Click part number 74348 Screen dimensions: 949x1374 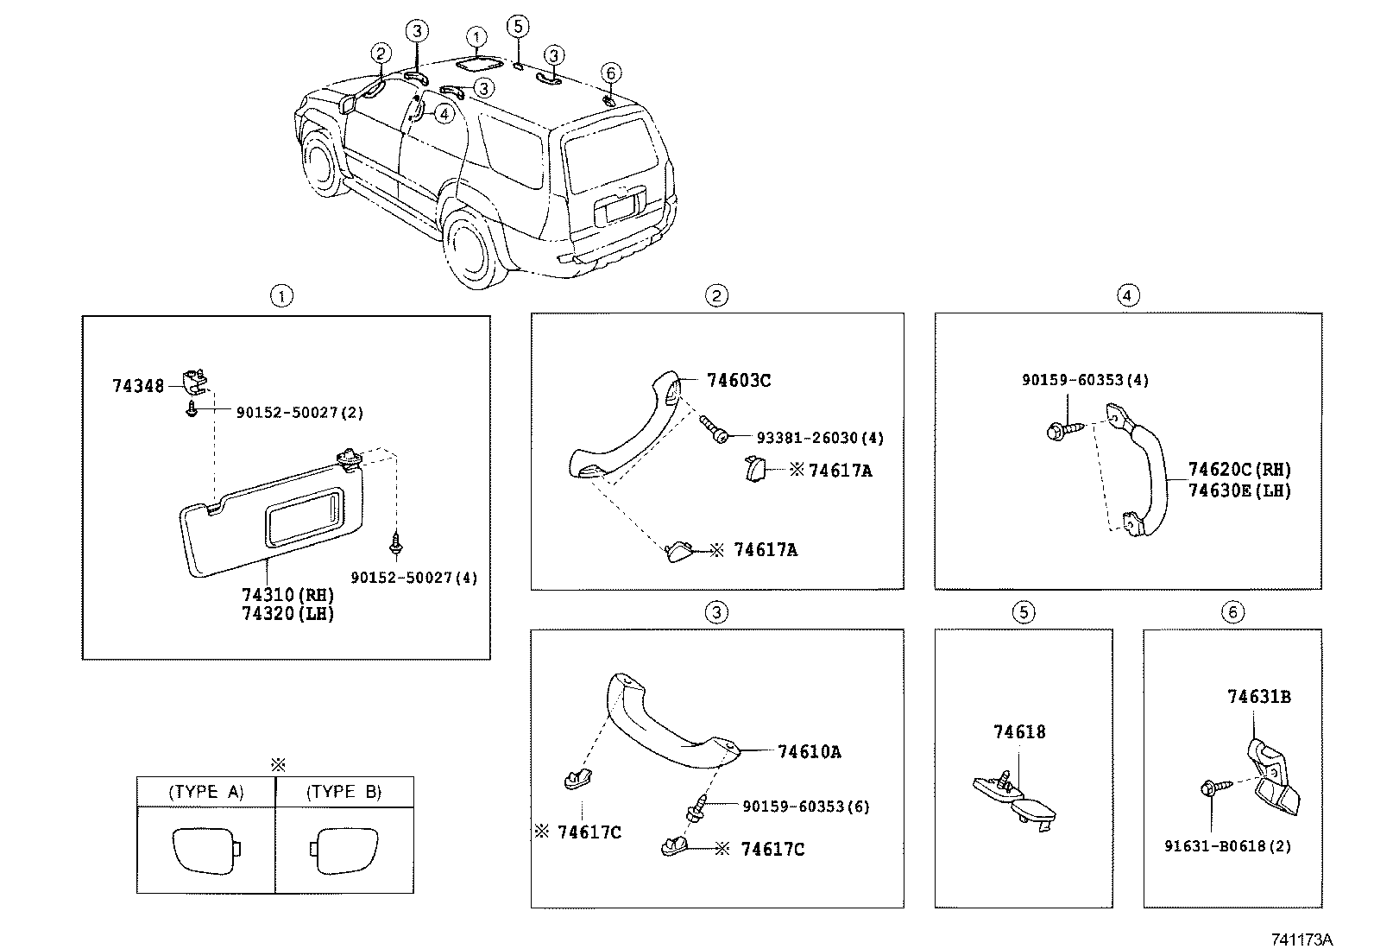pos(137,386)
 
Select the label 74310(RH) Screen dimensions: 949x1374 pos(287,596)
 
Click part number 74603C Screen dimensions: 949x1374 pos(738,380)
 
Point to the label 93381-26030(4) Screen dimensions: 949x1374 pos(820,438)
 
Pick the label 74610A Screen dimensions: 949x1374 pos(809,752)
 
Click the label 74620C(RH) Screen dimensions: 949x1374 pos(1239,470)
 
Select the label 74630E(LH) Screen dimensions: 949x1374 pos(1239,490)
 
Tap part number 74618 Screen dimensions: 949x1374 pos(1018,732)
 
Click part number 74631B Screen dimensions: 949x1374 pos(1259,696)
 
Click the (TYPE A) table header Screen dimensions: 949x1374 pos(206,792)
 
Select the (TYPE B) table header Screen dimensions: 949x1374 pos(343,792)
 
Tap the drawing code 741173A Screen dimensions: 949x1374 pos(1301,939)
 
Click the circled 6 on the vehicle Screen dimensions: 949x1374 pos(610,73)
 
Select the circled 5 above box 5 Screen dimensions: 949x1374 pos(1023,612)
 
